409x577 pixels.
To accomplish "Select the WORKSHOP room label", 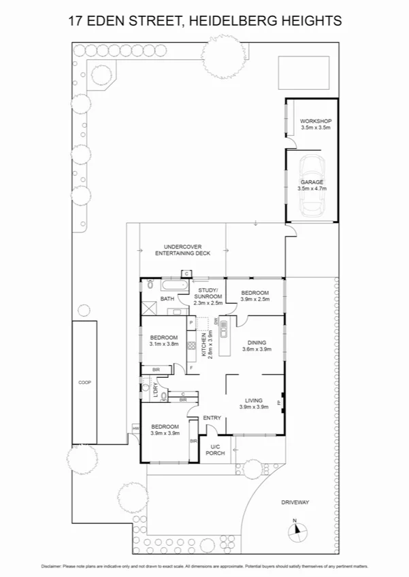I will (x=315, y=121).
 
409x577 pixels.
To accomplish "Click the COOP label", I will (x=84, y=382).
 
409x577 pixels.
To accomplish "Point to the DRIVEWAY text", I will (x=295, y=502).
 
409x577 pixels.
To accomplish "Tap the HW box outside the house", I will (x=136, y=428).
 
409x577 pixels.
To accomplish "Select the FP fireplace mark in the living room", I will (x=280, y=403).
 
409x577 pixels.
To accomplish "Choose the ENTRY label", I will (x=212, y=418).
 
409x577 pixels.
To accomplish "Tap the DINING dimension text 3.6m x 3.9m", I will (x=257, y=350).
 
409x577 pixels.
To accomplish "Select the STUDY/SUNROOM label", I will (x=208, y=294).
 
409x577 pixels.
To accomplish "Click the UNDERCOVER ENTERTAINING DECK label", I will (x=182, y=249).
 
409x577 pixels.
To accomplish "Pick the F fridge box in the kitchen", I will (x=192, y=368).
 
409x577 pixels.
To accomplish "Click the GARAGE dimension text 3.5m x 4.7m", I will (x=312, y=189).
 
